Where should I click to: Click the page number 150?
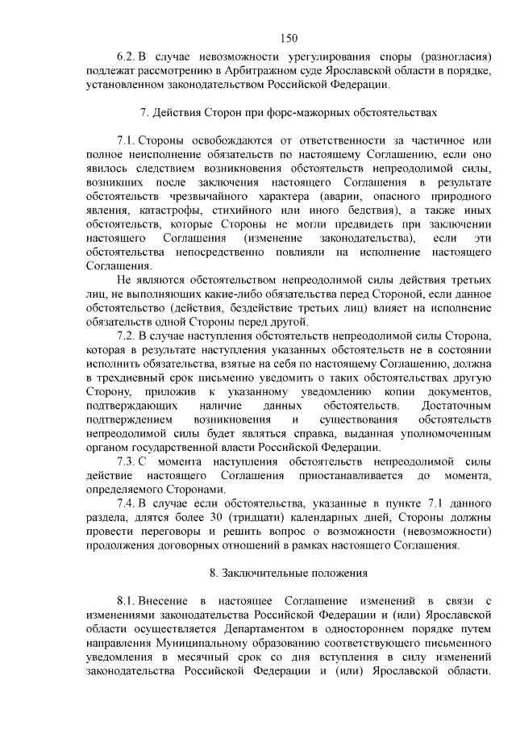(289, 37)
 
